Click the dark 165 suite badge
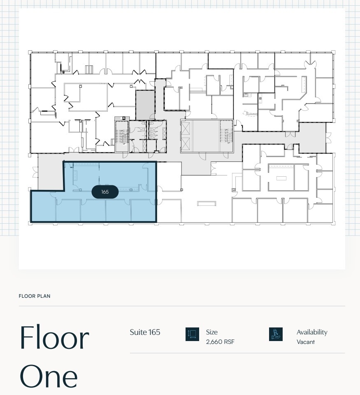105,192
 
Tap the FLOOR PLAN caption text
35,296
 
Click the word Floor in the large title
54,338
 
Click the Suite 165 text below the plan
145,332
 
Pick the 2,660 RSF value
220,342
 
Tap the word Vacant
305,342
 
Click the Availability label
312,332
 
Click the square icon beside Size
192,334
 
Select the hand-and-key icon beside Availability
276,334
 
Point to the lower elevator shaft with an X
186,144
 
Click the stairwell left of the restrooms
121,136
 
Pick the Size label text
212,332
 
